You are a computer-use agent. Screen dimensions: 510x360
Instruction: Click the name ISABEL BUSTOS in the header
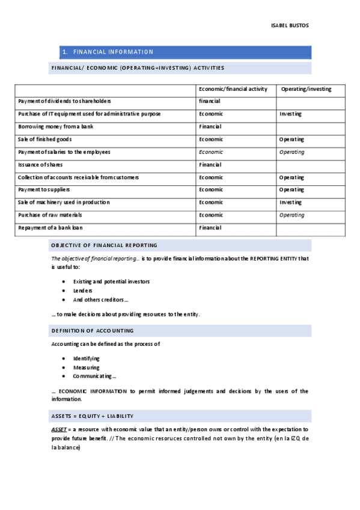(x=290, y=25)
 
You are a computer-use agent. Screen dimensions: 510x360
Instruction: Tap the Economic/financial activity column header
(x=233, y=89)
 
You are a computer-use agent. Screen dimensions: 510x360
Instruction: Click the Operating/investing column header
(x=306, y=89)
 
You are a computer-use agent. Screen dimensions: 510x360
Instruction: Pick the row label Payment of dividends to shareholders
(x=64, y=101)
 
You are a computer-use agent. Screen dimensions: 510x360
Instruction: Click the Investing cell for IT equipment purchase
(x=290, y=114)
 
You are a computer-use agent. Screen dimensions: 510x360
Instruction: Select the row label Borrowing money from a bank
(x=55, y=126)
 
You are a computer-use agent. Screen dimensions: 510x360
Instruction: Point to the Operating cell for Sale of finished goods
(x=291, y=139)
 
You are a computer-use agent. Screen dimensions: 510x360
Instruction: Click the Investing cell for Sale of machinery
(x=290, y=202)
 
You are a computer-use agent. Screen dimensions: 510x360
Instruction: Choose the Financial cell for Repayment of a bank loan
(x=210, y=227)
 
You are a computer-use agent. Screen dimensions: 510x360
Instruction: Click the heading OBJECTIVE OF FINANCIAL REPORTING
(x=104, y=245)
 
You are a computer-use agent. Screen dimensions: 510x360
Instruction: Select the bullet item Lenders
(x=82, y=290)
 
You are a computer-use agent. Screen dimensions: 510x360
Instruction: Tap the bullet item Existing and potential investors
(x=111, y=281)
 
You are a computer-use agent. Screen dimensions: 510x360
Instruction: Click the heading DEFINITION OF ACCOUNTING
(x=93, y=331)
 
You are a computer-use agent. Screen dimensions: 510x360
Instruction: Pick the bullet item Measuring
(x=86, y=367)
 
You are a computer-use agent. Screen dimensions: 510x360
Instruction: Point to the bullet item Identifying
(x=87, y=358)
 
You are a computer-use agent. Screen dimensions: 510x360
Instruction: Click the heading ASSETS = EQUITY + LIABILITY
(x=92, y=416)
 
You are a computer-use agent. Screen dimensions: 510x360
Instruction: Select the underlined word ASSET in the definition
(x=59, y=429)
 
